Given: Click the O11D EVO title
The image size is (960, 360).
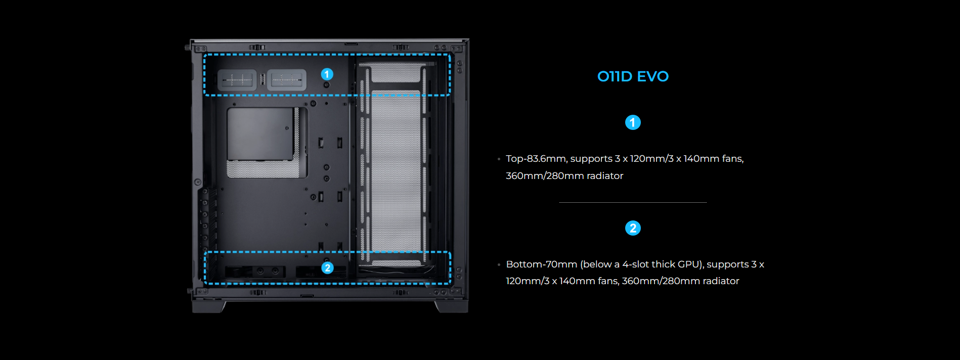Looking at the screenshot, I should pyautogui.click(x=633, y=76).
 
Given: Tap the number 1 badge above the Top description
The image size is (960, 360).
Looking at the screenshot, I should pyautogui.click(x=633, y=122).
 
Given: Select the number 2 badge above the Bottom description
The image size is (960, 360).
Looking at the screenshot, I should pyautogui.click(x=633, y=228).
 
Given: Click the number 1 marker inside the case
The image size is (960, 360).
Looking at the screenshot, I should pyautogui.click(x=327, y=74).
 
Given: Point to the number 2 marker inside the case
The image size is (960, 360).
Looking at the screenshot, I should pyautogui.click(x=327, y=267).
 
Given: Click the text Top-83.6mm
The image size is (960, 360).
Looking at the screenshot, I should pyautogui.click(x=536, y=159).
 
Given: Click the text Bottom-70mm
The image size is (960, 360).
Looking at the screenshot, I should pyautogui.click(x=541, y=264).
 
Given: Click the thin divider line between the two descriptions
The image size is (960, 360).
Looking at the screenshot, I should pyautogui.click(x=633, y=202).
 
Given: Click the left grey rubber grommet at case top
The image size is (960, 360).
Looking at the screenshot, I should pyautogui.click(x=237, y=80).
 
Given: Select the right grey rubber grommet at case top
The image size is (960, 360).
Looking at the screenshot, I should pyautogui.click(x=286, y=80).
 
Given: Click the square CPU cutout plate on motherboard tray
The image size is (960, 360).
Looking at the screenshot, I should pyautogui.click(x=260, y=134).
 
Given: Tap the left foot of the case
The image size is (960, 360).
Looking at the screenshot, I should pyautogui.click(x=208, y=306).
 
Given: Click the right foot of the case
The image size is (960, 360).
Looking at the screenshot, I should pyautogui.click(x=451, y=306).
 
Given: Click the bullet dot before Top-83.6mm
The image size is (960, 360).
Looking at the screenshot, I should pyautogui.click(x=499, y=159).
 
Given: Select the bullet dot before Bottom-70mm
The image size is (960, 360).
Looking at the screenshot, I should pyautogui.click(x=499, y=265).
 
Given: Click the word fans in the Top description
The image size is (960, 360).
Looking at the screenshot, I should pyautogui.click(x=731, y=159).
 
